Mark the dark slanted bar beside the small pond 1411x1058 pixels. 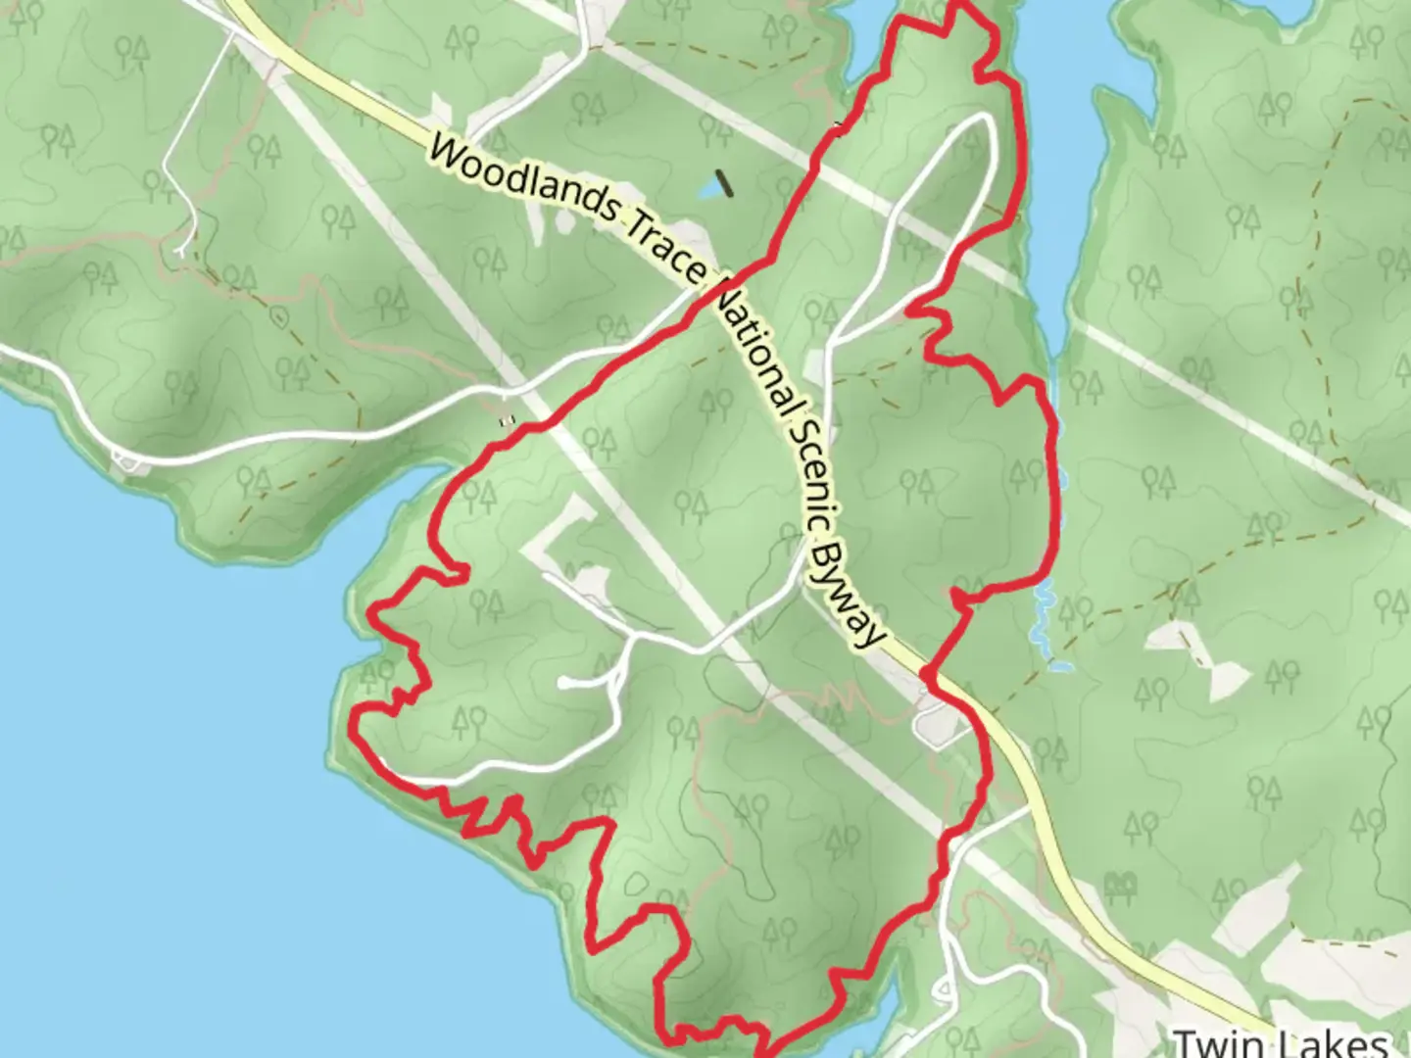point(725,182)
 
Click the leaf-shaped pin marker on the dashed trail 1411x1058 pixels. point(280,316)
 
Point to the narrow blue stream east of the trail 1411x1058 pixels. point(1045,617)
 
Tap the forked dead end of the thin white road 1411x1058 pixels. point(182,251)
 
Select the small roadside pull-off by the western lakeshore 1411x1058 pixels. point(125,460)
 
